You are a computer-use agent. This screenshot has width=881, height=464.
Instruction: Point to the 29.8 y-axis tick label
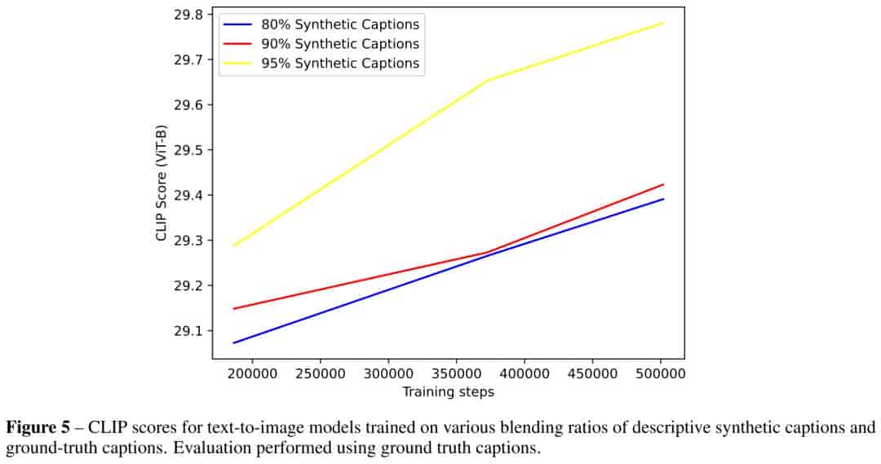(x=188, y=15)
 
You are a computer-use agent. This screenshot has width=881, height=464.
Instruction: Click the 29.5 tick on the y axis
(x=188, y=150)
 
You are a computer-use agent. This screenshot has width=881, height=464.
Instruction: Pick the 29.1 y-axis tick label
(x=188, y=331)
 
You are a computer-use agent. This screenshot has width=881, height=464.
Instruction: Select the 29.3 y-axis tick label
(x=188, y=241)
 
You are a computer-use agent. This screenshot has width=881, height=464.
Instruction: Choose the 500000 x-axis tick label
(x=659, y=374)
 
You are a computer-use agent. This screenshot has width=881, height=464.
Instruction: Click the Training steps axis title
(x=448, y=391)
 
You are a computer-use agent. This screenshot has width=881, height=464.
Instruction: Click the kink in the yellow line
(x=488, y=80)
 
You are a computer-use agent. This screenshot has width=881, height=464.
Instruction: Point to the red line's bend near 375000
(x=487, y=252)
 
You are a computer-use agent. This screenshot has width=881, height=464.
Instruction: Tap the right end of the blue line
(x=664, y=199)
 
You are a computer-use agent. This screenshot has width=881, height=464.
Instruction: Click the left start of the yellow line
(x=233, y=245)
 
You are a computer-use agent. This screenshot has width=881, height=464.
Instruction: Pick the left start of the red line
(x=233, y=308)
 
